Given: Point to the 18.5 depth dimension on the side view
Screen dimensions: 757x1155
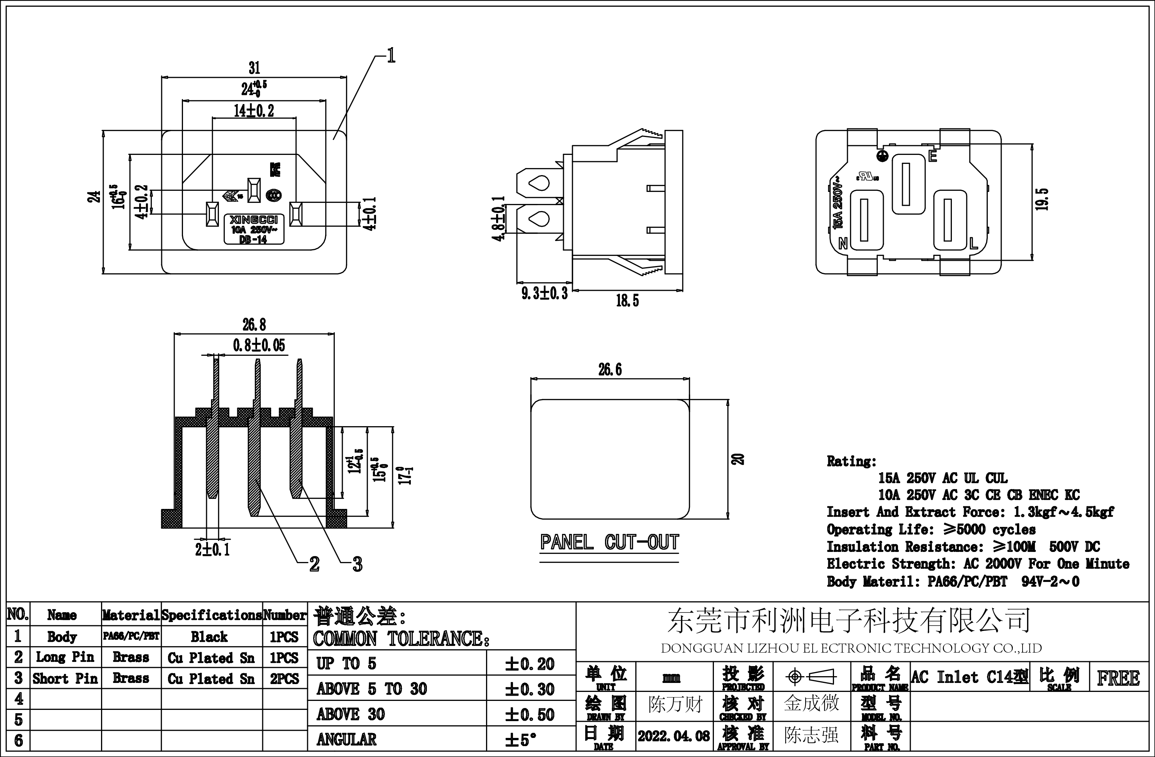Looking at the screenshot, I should (x=627, y=301).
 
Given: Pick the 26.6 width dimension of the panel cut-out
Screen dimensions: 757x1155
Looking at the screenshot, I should (x=610, y=370).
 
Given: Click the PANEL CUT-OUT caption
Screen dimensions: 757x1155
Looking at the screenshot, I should (x=609, y=543).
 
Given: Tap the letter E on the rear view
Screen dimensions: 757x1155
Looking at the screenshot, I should (x=932, y=156).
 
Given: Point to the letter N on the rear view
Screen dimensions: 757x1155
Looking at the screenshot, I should (x=843, y=243).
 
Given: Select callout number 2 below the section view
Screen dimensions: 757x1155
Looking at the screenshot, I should (x=314, y=564).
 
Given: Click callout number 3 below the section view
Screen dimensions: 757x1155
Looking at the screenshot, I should (x=357, y=564).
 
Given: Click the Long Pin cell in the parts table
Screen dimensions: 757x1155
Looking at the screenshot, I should (x=65, y=657).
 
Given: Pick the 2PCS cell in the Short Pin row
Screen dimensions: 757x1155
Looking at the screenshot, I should (x=284, y=678).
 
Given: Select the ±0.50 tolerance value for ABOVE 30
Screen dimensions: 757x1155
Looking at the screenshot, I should (x=529, y=714).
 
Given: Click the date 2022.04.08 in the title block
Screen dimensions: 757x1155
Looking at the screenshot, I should (x=673, y=736).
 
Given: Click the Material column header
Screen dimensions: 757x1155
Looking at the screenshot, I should (x=131, y=615).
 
